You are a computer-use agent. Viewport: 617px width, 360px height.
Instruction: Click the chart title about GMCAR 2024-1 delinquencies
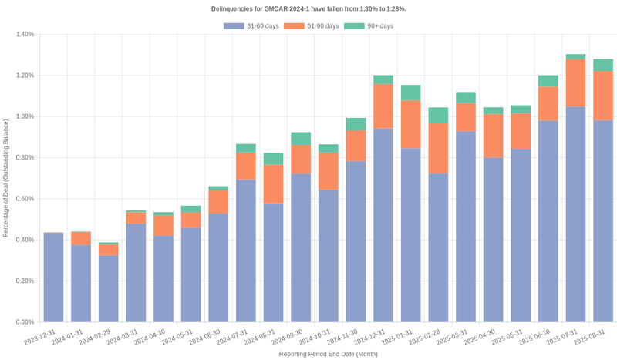[x=308, y=8]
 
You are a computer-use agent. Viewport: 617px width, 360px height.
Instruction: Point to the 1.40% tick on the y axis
[x=23, y=35]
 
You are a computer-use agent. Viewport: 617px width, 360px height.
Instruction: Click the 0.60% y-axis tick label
[x=23, y=199]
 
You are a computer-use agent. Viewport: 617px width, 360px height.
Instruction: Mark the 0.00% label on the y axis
[x=23, y=322]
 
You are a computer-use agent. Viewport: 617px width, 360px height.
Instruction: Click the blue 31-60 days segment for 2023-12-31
[x=53, y=278]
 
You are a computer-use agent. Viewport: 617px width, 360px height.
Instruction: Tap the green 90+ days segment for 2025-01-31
[x=410, y=93]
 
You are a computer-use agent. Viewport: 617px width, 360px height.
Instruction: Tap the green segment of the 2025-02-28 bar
[x=438, y=116]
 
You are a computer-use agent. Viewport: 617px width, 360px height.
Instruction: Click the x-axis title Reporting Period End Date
[x=329, y=354]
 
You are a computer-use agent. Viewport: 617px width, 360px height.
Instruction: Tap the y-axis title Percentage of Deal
[x=6, y=178]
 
